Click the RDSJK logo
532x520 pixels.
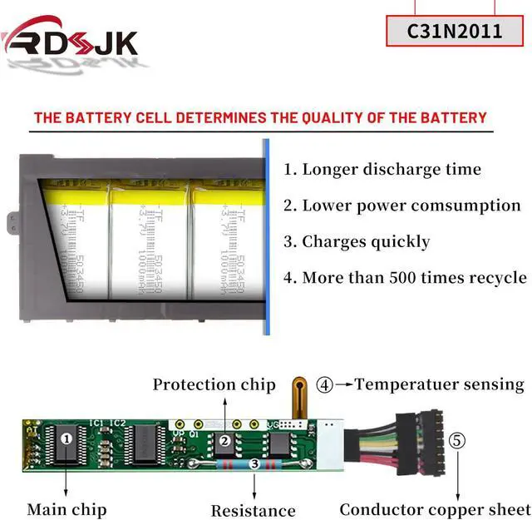70,39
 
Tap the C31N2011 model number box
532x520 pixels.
454,32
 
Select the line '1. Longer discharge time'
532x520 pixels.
382,170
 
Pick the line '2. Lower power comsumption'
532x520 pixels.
402,206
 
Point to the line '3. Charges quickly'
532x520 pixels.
357,242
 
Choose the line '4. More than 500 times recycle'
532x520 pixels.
405,278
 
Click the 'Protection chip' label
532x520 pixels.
214,384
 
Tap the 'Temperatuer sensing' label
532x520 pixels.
440,384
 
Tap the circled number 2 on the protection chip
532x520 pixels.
224,440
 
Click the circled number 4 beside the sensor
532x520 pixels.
325,384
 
